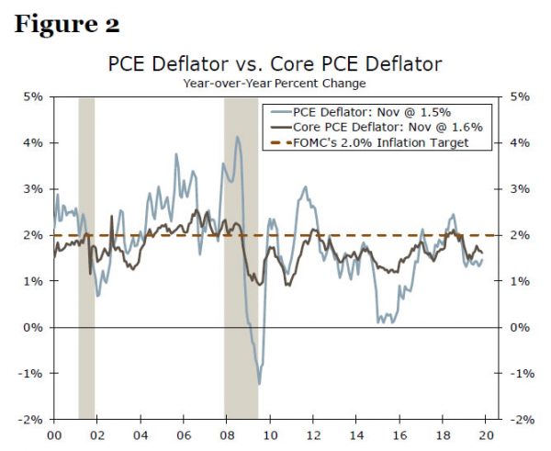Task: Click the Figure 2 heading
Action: pyautogui.click(x=67, y=24)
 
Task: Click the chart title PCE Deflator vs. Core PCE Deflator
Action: pyautogui.click(x=275, y=64)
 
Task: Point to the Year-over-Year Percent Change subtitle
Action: pyautogui.click(x=275, y=83)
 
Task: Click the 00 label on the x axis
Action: pyautogui.click(x=53, y=435)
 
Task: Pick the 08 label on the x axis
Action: pyautogui.click(x=226, y=435)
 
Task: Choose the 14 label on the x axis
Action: pyautogui.click(x=356, y=435)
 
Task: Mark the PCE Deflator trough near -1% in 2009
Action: pyautogui.click(x=259, y=383)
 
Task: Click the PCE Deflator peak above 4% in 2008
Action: pyautogui.click(x=237, y=137)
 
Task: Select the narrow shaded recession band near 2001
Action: pyautogui.click(x=86, y=257)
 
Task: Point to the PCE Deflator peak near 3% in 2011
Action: pyautogui.click(x=305, y=187)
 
